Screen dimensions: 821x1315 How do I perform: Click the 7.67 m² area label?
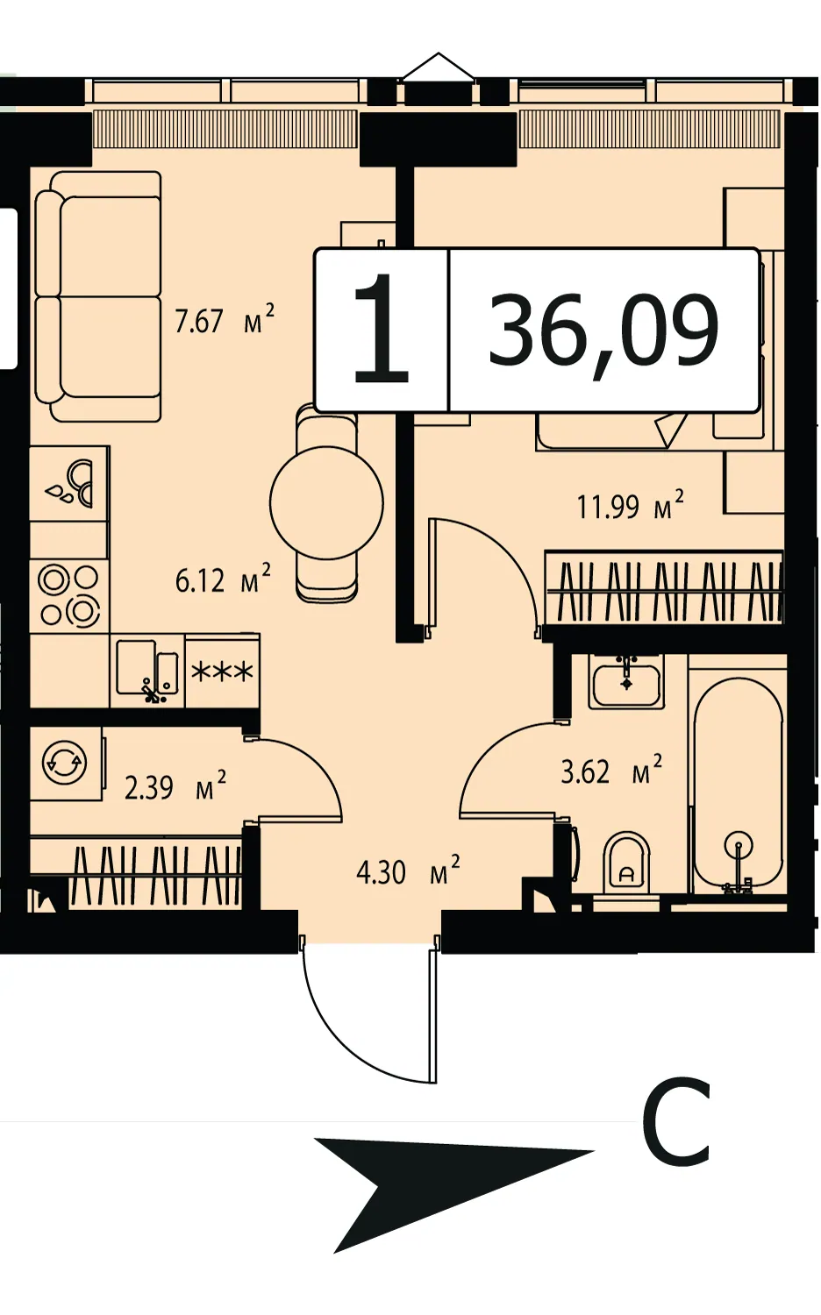tap(225, 319)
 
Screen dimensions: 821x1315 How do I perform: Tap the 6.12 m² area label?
tap(223, 579)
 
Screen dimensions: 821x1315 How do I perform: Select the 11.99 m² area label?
tap(631, 505)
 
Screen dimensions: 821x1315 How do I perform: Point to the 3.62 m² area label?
tap(611, 771)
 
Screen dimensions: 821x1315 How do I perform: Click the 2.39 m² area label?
tap(175, 787)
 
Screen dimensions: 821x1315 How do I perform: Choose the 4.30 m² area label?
tap(408, 871)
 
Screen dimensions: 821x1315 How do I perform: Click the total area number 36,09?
tap(603, 331)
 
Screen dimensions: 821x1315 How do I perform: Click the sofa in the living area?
tap(98, 296)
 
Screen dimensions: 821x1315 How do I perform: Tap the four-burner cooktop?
tap(68, 594)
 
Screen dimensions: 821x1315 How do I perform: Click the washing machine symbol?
tap(65, 764)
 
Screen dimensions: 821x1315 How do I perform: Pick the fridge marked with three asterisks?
tap(222, 671)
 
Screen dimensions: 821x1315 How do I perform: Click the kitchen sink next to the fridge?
tap(147, 670)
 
